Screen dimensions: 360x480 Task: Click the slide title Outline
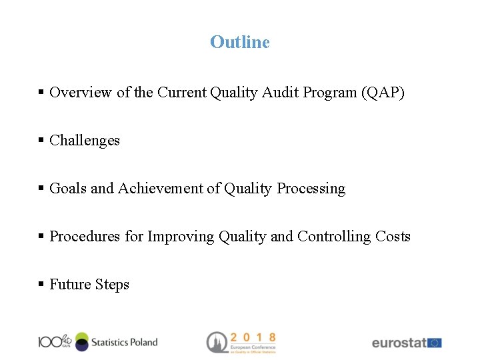coord(239,42)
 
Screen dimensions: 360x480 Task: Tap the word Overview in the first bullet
coord(81,93)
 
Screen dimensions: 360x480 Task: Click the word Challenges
coord(85,141)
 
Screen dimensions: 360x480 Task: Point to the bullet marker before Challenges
coord(41,141)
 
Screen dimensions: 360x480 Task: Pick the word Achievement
coord(160,189)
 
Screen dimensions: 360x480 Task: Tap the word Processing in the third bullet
coord(311,189)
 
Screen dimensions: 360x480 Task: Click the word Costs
coord(393,237)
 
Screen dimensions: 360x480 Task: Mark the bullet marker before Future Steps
coord(41,285)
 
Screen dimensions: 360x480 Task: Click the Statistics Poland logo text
coord(124,342)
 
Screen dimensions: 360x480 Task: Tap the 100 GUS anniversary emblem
coord(54,341)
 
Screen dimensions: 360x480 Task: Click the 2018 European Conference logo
coord(241,342)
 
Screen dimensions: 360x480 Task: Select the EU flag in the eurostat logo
coord(435,343)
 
